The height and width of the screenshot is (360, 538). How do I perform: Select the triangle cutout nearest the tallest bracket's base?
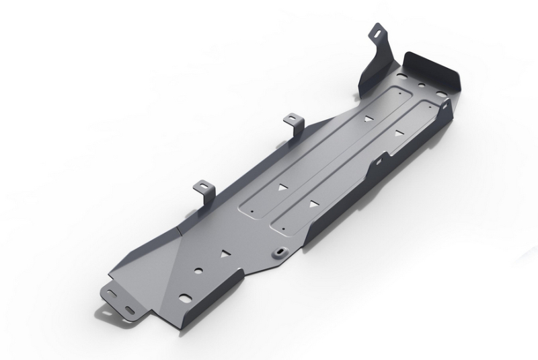pos(367,119)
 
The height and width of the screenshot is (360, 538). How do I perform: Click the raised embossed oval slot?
pos(277,252)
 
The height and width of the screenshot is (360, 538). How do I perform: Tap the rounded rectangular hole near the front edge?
pos(184,298)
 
